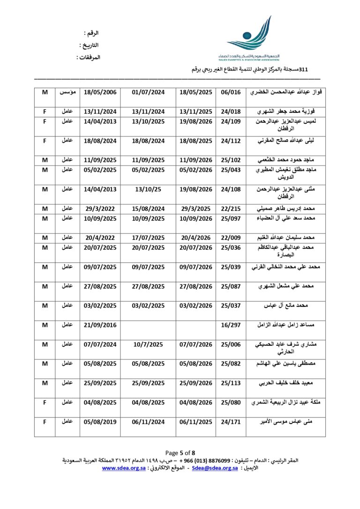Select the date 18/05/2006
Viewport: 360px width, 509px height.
100,92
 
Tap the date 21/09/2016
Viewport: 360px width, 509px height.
100,324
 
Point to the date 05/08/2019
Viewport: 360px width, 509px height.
100,422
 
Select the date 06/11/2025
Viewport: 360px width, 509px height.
196,422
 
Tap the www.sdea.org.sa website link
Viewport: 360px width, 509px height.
124,468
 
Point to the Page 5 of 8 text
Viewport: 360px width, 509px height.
180,453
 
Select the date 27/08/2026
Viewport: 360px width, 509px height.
196,286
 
